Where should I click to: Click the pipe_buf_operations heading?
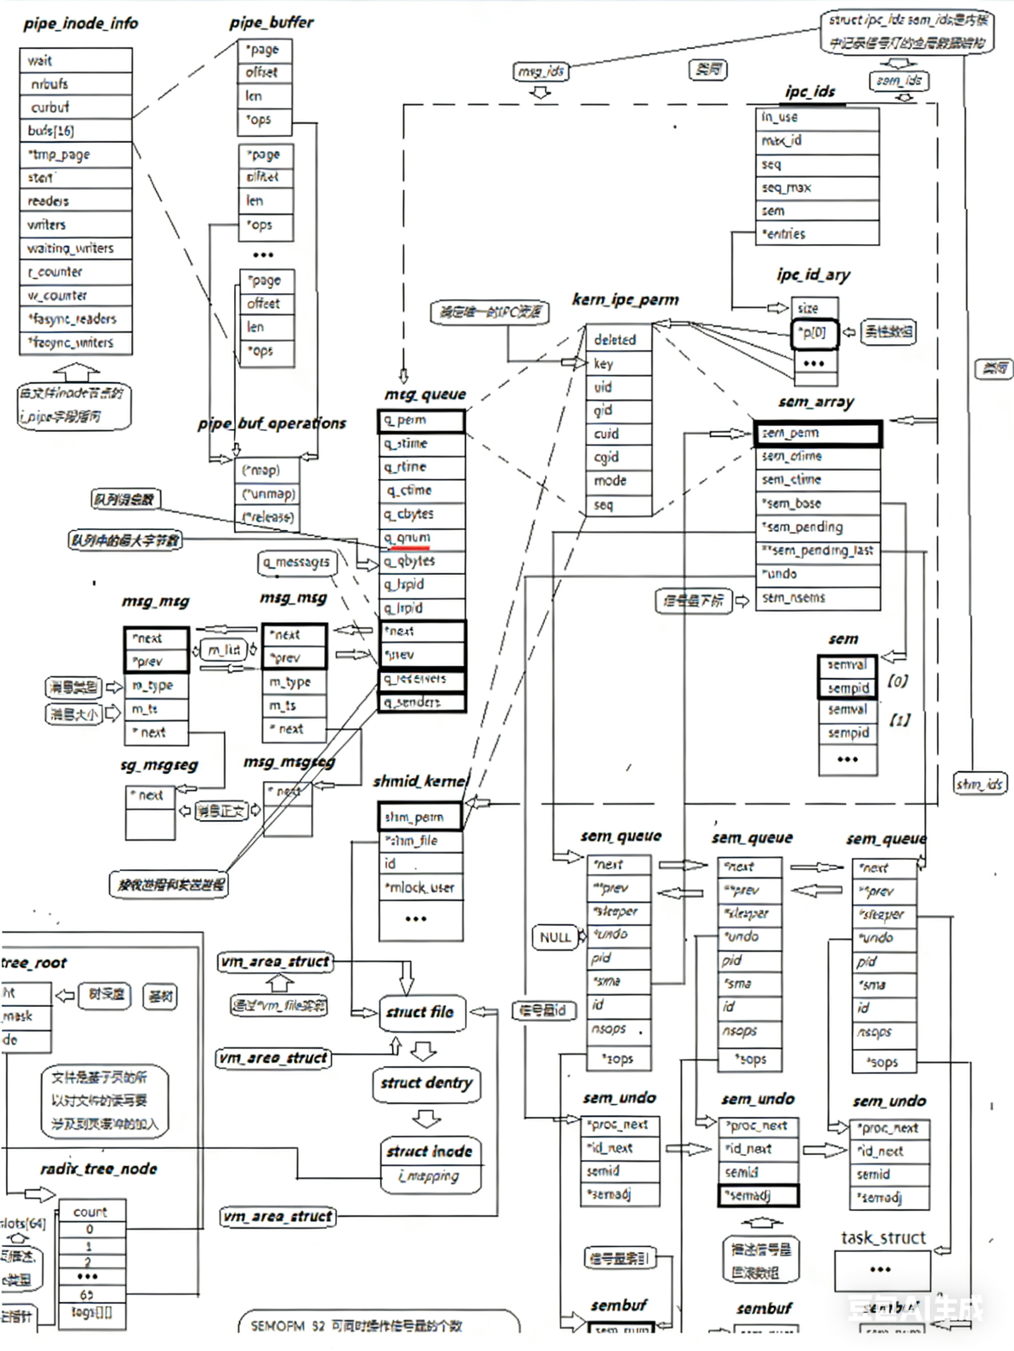pyautogui.click(x=272, y=423)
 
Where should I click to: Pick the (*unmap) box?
pyautogui.click(x=268, y=494)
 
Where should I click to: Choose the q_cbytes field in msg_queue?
pyautogui.click(x=421, y=514)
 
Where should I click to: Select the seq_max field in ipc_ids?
pyautogui.click(x=817, y=187)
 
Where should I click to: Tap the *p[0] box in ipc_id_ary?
pyautogui.click(x=814, y=333)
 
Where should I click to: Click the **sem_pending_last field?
pyautogui.click(x=817, y=550)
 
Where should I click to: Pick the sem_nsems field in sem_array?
pyautogui.click(x=817, y=597)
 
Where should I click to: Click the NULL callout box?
pyautogui.click(x=554, y=937)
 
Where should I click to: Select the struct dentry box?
pyautogui.click(x=426, y=1084)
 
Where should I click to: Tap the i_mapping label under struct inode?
pyautogui.click(x=432, y=1176)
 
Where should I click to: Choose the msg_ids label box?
pyautogui.click(x=540, y=71)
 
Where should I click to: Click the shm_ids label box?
pyautogui.click(x=980, y=784)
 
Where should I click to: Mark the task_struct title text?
pyautogui.click(x=883, y=1237)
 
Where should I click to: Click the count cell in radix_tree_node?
pyautogui.click(x=90, y=1212)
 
